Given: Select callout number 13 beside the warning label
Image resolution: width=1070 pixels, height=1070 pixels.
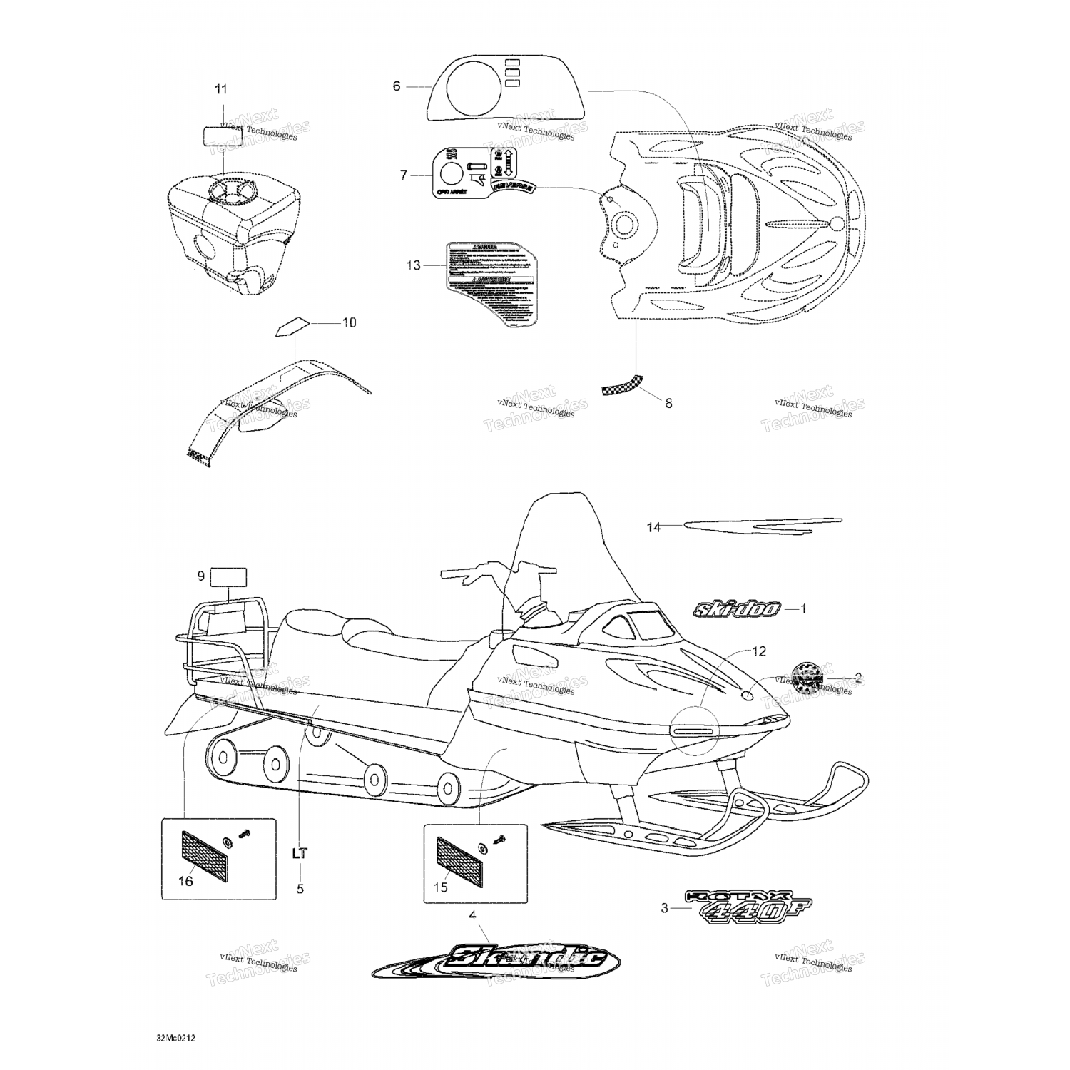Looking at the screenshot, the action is [414, 265].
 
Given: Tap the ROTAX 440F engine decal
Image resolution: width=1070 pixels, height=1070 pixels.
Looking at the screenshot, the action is [748, 907].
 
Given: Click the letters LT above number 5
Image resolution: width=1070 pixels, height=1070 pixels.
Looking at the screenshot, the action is [300, 852].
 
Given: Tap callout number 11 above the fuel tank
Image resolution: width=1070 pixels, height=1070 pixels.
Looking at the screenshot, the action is [221, 89].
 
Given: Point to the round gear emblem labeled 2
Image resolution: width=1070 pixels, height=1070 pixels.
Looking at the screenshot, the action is [807, 678].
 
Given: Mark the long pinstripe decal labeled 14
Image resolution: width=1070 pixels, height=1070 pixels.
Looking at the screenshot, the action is [763, 526].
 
